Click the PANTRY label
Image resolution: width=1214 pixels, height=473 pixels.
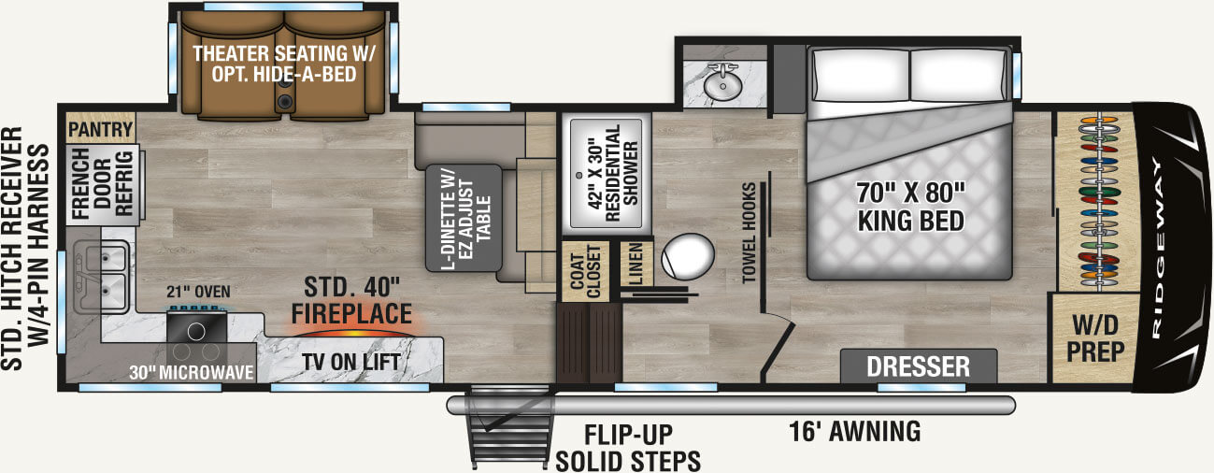click(101, 129)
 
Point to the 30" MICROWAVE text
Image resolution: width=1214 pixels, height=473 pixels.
click(193, 373)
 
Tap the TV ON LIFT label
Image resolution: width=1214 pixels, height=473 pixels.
click(350, 363)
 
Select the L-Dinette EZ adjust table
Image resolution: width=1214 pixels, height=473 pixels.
click(464, 217)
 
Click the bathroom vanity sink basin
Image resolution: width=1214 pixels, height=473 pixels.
click(721, 85)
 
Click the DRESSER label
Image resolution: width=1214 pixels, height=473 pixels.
click(918, 365)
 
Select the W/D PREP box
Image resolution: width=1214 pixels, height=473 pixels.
click(1094, 337)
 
